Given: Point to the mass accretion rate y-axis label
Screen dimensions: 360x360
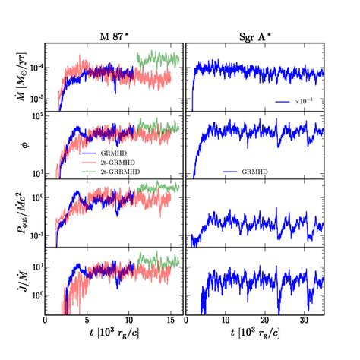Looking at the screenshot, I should tap(19, 76).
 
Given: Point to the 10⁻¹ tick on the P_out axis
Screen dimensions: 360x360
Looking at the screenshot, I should tap(33, 235).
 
